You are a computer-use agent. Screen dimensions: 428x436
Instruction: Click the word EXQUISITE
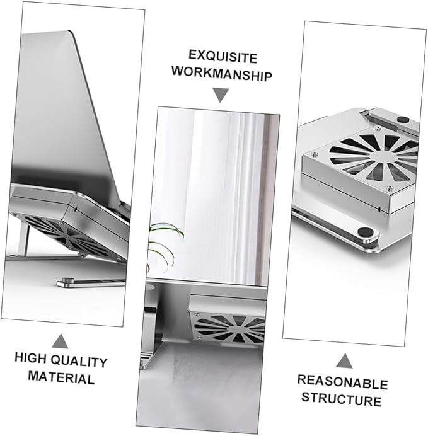click(x=223, y=57)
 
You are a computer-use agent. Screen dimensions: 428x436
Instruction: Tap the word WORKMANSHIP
click(x=222, y=74)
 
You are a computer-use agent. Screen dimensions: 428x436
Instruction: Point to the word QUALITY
click(x=79, y=361)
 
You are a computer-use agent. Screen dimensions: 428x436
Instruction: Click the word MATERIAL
click(x=61, y=377)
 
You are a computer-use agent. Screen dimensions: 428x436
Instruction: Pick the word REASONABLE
click(x=343, y=382)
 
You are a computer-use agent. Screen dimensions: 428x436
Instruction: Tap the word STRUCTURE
click(x=341, y=399)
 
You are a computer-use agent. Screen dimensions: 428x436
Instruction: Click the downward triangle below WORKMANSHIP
click(x=221, y=95)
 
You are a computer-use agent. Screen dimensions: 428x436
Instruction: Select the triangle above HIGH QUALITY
click(x=60, y=341)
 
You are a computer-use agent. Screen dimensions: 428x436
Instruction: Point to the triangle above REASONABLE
click(x=344, y=361)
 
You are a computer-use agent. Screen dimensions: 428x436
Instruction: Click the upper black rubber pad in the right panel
click(x=403, y=120)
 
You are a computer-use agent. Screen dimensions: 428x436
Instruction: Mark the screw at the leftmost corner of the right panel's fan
click(x=315, y=154)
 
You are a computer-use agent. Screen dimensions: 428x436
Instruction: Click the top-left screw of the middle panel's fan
click(x=197, y=314)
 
